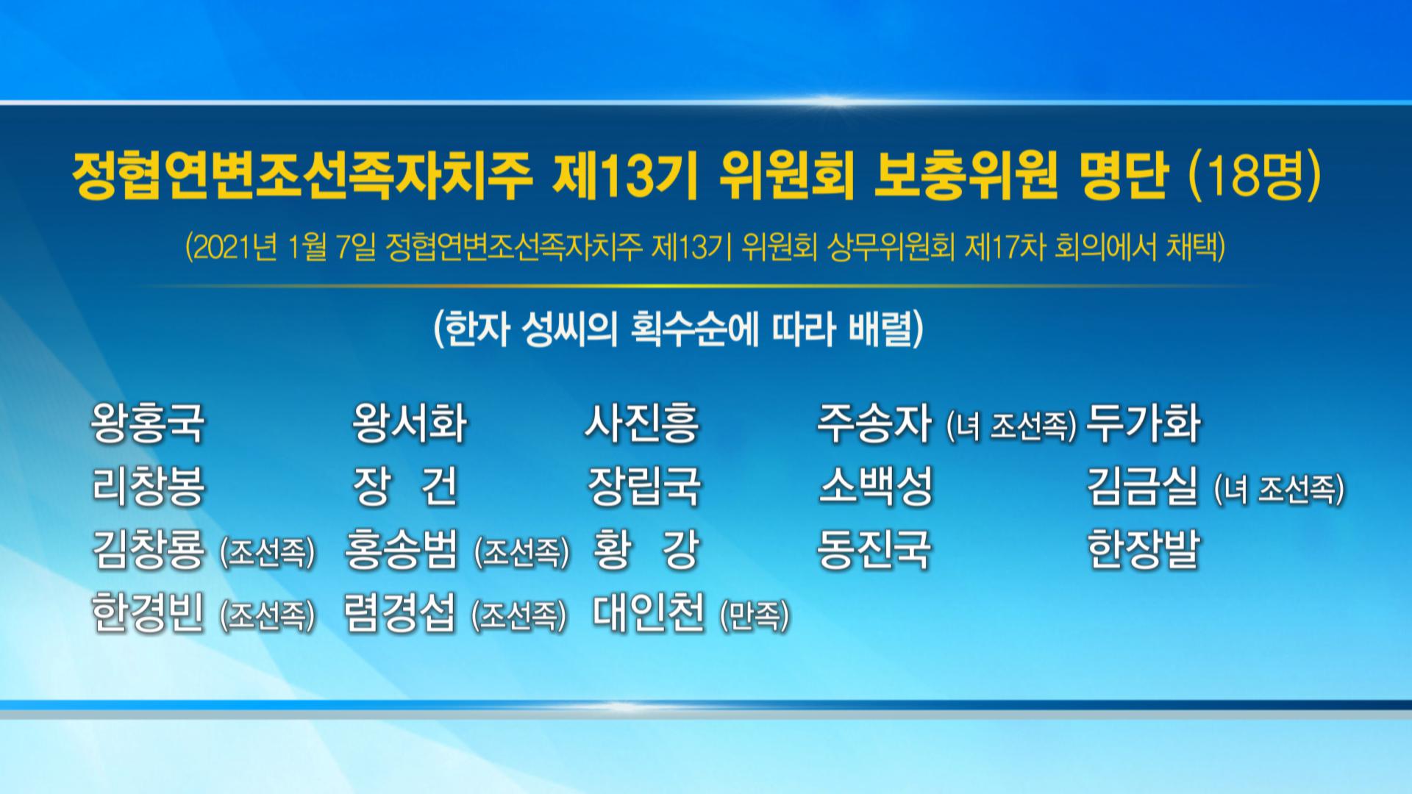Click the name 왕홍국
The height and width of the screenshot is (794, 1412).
click(148, 423)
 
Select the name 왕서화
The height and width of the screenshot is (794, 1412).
click(410, 423)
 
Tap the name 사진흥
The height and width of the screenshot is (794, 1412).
click(642, 423)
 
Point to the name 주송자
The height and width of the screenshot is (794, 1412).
click(874, 423)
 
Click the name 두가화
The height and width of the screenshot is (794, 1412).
click(1144, 423)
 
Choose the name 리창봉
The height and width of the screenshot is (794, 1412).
click(148, 486)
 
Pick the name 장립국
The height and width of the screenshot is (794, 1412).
click(644, 486)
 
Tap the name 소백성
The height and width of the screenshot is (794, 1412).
click(876, 486)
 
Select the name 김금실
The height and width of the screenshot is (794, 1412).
click(1144, 486)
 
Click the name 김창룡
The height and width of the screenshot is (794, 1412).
click(149, 549)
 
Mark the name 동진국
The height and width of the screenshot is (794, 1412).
click(874, 549)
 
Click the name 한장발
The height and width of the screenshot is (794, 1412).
click(1144, 549)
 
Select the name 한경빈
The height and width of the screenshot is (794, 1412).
click(148, 612)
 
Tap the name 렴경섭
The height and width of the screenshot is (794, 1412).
click(400, 612)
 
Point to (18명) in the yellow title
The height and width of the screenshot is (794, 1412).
click(1256, 176)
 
